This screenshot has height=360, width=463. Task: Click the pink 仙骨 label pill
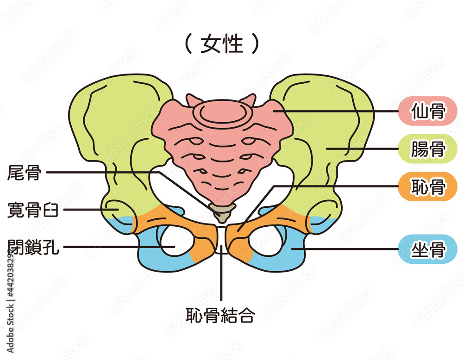pos(427,111)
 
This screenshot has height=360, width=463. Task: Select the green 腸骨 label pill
pos(427,149)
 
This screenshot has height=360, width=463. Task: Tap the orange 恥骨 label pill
pos(427,186)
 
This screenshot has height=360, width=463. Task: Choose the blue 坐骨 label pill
pos(427,249)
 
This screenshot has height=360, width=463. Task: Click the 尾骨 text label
pos(24,173)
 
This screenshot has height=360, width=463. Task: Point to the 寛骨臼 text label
pos(32,210)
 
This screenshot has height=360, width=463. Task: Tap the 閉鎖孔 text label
pos(33,247)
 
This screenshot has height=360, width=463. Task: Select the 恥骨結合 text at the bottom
pos(220,315)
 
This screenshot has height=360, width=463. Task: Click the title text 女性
pos(222,44)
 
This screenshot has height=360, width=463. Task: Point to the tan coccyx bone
pos(222,212)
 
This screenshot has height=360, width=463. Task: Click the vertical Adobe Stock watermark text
pos(10,300)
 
